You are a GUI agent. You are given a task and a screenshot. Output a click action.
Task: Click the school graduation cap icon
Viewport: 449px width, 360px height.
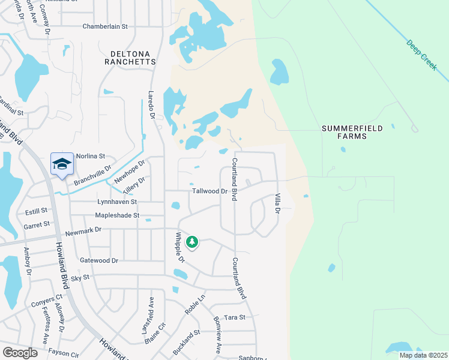pos(62,164)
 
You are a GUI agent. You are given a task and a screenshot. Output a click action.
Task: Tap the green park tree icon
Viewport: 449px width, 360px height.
pos(191,242)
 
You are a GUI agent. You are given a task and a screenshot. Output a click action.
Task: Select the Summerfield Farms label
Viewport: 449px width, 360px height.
pos(352,132)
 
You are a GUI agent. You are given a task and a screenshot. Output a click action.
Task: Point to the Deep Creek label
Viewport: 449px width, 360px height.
pos(421,55)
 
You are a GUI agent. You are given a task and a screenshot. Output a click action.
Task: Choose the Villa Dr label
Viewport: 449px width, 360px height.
pos(277,203)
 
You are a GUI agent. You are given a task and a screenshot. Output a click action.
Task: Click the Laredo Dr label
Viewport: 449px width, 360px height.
pos(151,104)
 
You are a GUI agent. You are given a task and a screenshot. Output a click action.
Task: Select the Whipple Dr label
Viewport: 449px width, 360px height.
pos(179,247)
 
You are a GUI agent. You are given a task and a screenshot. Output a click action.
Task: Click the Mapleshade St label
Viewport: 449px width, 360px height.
pos(117,215)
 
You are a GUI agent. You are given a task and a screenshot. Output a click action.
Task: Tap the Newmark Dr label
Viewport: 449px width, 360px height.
pos(84,230)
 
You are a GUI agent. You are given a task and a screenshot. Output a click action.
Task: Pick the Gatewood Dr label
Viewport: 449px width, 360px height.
pos(99,260)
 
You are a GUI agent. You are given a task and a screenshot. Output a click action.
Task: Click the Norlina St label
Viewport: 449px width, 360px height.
pos(91,155)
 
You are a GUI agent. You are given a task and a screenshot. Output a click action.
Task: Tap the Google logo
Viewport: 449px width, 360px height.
pos(20,353)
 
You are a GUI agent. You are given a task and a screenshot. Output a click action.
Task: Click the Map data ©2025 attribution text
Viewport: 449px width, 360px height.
pos(423,355)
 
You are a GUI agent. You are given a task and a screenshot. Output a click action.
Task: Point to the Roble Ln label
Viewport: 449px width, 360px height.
pos(195,304)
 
